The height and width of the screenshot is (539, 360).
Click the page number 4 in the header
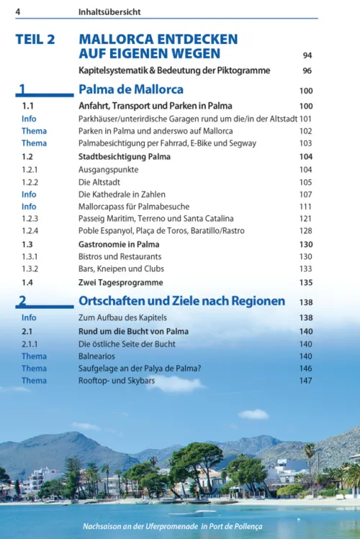17,12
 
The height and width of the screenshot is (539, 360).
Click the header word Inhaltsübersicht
109,12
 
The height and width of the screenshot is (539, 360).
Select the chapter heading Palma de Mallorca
130,90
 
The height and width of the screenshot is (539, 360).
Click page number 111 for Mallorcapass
305,207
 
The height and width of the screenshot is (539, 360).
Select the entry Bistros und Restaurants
120,256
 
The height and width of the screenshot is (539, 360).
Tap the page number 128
305,231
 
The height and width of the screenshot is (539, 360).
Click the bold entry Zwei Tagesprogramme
120,283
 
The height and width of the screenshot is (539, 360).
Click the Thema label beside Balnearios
34,356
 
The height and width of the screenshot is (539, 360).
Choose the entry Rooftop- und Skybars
122,381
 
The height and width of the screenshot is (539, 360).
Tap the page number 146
305,368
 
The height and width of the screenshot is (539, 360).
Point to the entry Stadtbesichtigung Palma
123,156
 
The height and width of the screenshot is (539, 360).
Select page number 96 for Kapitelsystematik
307,71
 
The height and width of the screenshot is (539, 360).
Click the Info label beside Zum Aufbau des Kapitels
29,317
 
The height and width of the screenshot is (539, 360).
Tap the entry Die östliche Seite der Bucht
127,344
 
